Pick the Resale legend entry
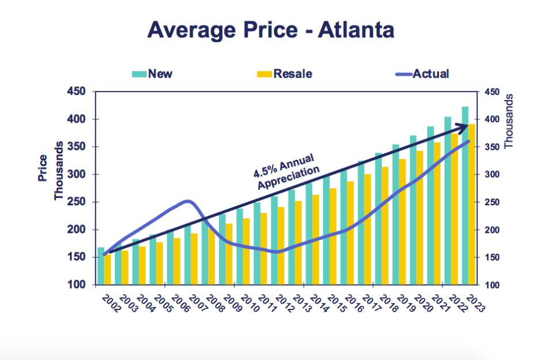click(x=284, y=73)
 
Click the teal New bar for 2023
click(x=465, y=196)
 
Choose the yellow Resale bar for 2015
click(x=333, y=236)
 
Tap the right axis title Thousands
click(x=509, y=121)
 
